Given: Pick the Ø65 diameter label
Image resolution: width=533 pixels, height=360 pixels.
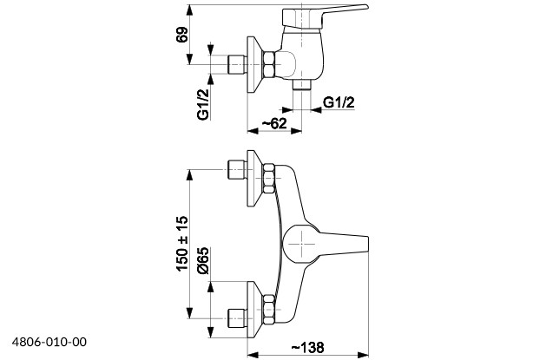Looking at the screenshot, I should click(x=201, y=261).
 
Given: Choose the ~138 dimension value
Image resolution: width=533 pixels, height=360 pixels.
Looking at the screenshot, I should click(x=308, y=347).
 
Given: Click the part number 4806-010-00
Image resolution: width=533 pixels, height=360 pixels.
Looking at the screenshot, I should click(x=49, y=344).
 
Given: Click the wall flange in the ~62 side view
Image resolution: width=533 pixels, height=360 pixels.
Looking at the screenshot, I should click(x=254, y=65).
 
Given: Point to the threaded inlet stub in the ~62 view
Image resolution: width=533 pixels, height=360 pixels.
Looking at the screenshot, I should click(x=235, y=65).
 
